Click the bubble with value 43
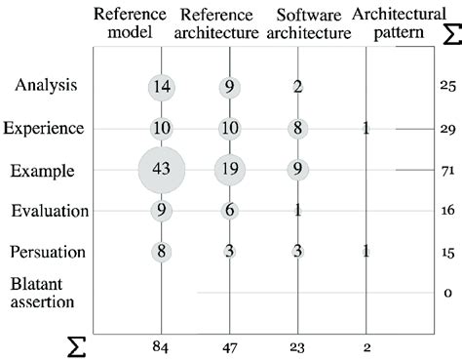tap(162, 168)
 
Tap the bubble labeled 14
tap(162, 86)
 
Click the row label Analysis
tap(47, 86)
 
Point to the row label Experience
tap(45, 128)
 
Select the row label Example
tap(44, 169)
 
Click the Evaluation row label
tap(49, 210)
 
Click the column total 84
tap(162, 344)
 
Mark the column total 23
tap(298, 344)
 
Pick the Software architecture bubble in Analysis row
tap(298, 86)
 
